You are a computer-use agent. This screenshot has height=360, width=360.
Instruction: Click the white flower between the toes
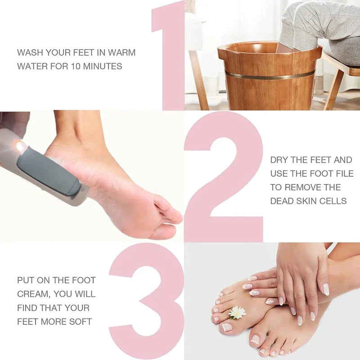tap(237, 312)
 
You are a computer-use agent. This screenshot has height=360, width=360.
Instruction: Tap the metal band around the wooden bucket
tap(270, 74)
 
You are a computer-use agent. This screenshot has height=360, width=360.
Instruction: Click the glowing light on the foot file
tap(21, 147)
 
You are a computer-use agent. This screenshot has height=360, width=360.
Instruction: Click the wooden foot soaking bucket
tap(269, 81)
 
